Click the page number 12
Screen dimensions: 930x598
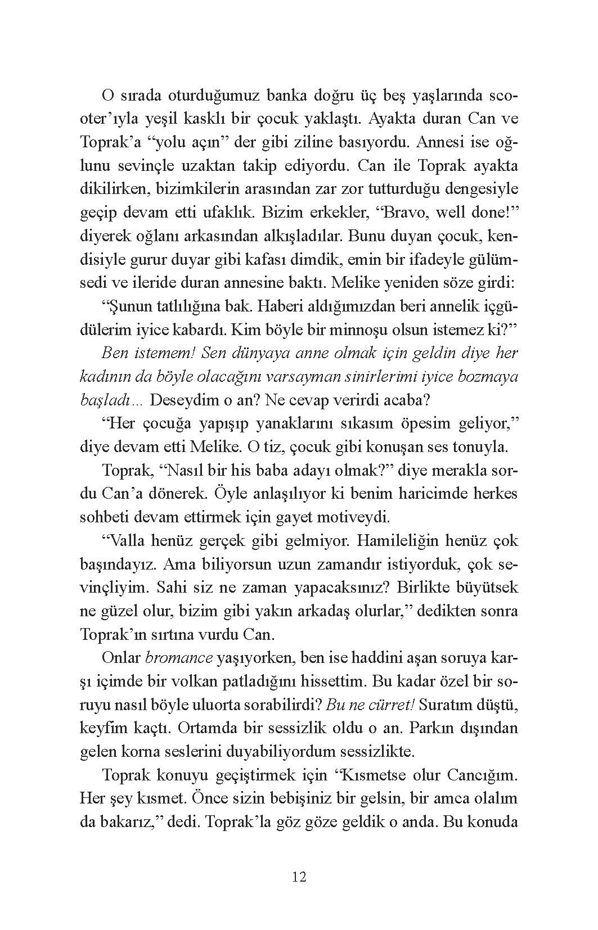point(299,877)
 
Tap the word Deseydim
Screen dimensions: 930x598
point(179,400)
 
